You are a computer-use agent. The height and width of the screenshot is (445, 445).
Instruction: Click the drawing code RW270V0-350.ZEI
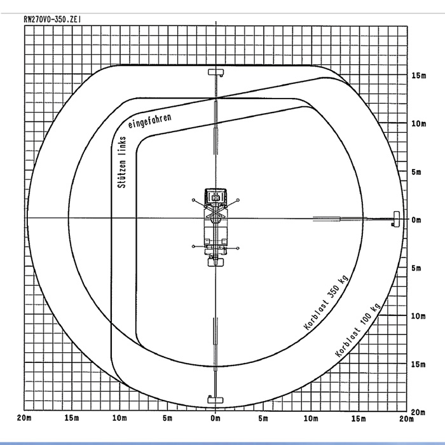[53, 19]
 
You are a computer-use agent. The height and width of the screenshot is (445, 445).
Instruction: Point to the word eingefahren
[150, 121]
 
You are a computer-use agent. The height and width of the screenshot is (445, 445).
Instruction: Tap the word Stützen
[122, 174]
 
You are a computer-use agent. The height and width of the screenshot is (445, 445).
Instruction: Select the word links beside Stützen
[123, 146]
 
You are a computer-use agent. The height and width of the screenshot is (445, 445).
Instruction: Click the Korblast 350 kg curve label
[326, 303]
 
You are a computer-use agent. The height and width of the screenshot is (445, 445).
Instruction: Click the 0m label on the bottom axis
[216, 418]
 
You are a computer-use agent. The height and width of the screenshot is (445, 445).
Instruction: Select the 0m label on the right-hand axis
[416, 220]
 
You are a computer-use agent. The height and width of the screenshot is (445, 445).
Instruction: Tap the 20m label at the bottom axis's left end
[24, 418]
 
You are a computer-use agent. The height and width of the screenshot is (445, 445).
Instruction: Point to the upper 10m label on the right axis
[418, 124]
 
